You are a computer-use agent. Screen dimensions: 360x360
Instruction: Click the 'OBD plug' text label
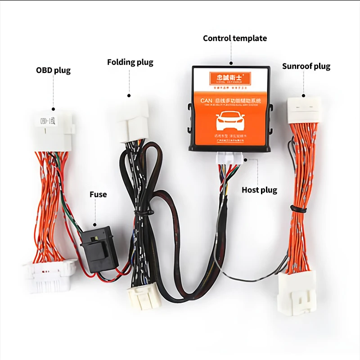tap(53, 70)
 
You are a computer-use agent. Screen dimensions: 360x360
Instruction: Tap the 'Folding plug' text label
tap(130, 62)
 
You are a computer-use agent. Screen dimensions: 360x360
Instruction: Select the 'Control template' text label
tap(234, 38)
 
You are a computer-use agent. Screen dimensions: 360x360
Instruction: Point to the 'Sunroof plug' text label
tap(306, 67)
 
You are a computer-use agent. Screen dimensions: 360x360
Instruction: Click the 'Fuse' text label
tap(98, 194)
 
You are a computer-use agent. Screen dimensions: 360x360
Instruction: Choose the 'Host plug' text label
tap(259, 190)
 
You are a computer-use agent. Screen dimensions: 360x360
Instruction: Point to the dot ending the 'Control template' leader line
tap(231, 64)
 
